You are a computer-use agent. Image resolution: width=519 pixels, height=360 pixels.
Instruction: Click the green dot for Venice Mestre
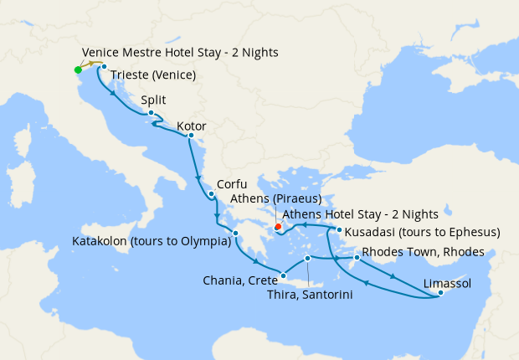[78, 69]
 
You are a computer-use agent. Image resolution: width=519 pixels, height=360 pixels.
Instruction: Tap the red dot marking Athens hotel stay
[278, 225]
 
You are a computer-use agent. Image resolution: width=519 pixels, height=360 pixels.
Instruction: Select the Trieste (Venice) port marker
[104, 66]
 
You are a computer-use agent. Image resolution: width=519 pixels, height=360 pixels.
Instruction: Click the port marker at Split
[151, 113]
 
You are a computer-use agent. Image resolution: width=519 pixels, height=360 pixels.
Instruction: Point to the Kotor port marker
[191, 136]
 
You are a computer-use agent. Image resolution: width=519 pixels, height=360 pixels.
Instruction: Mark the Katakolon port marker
[237, 234]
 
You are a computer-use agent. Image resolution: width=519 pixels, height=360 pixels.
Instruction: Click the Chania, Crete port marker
[285, 274]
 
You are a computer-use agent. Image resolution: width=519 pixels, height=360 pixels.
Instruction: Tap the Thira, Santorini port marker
[308, 258]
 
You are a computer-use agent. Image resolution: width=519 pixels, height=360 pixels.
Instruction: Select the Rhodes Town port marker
[357, 257]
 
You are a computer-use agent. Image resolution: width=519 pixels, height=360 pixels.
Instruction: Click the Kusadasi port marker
[339, 229]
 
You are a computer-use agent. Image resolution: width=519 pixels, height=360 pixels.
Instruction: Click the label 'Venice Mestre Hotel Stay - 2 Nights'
[180, 53]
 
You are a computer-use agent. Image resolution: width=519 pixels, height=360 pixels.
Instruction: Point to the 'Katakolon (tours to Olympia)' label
[152, 243]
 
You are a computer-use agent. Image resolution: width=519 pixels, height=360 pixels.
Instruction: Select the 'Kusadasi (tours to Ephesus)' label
[424, 232]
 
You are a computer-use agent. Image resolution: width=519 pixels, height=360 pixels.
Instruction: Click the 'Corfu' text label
[232, 184]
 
